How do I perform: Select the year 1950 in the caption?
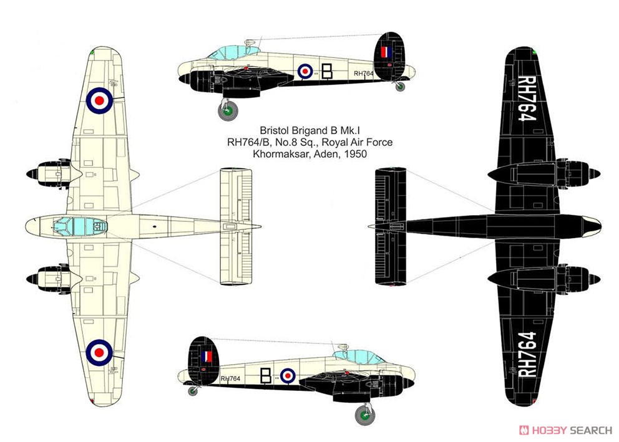[x=355, y=154]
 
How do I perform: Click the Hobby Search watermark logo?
[x=565, y=430]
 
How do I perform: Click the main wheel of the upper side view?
[x=228, y=110]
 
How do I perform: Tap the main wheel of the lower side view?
[x=365, y=415]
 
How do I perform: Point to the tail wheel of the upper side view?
[x=400, y=87]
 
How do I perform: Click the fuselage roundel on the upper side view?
[x=305, y=71]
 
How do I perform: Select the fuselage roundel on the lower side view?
[x=288, y=376]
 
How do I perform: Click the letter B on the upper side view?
[x=327, y=71]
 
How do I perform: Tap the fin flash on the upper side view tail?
[x=386, y=52]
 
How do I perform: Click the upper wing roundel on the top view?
[x=99, y=100]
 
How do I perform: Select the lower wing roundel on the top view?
[x=99, y=352]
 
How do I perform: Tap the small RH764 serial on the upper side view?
[x=364, y=74]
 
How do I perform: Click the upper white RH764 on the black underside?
[x=527, y=98]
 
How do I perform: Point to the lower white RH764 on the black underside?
[x=527, y=354]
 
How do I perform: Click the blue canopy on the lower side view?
[x=358, y=357]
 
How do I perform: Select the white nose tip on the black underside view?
[x=592, y=226]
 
